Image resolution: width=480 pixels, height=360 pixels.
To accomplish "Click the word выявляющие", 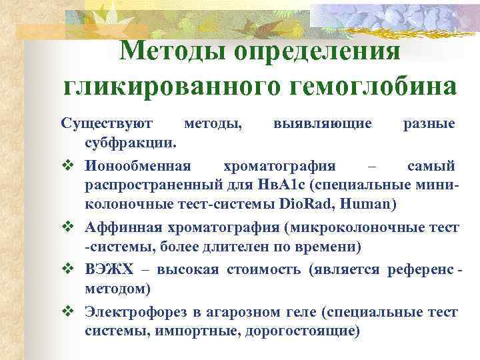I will point(322,123).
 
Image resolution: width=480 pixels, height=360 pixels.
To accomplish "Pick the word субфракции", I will point(129,142).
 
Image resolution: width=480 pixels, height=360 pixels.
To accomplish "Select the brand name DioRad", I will point(305,201).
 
